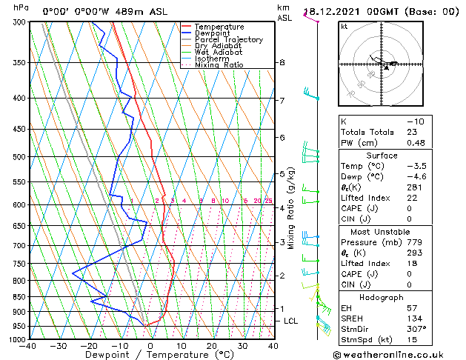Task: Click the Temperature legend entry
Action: pyautogui.click(x=219, y=27)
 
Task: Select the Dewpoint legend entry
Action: pyautogui.click(x=214, y=33)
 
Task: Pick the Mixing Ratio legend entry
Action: pyautogui.click(x=218, y=65)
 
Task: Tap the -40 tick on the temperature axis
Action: pyautogui.click(x=28, y=346)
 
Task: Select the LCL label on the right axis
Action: pyautogui.click(x=290, y=321)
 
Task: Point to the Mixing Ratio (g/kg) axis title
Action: pyautogui.click(x=291, y=208)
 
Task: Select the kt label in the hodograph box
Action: pyautogui.click(x=344, y=26)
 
